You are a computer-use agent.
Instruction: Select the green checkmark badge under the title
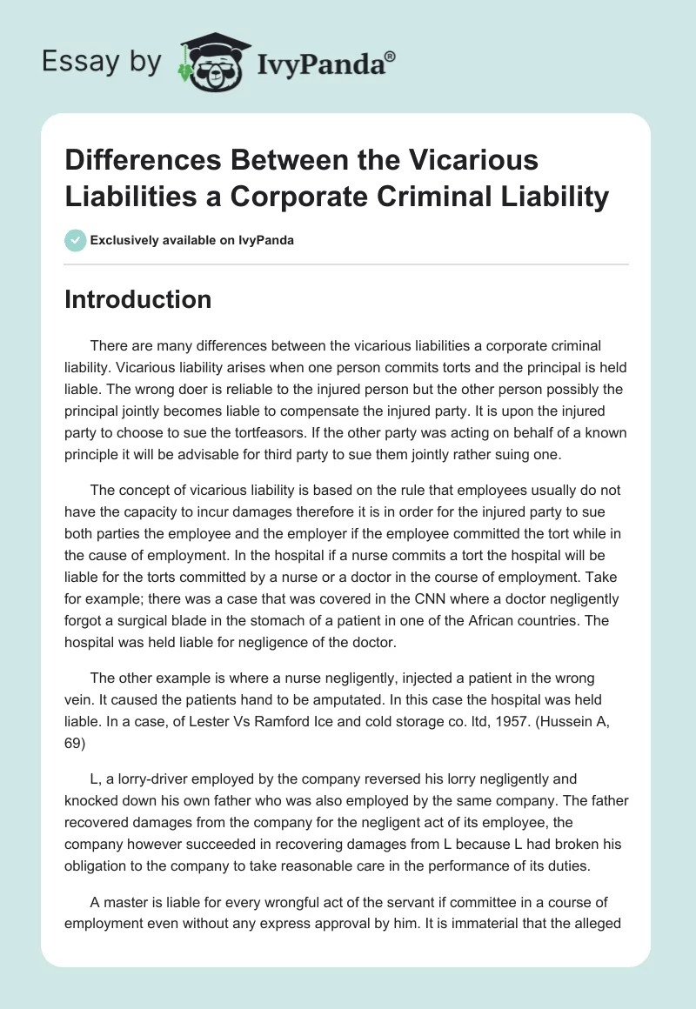click(x=76, y=240)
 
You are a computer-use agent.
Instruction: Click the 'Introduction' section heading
click(x=137, y=299)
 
